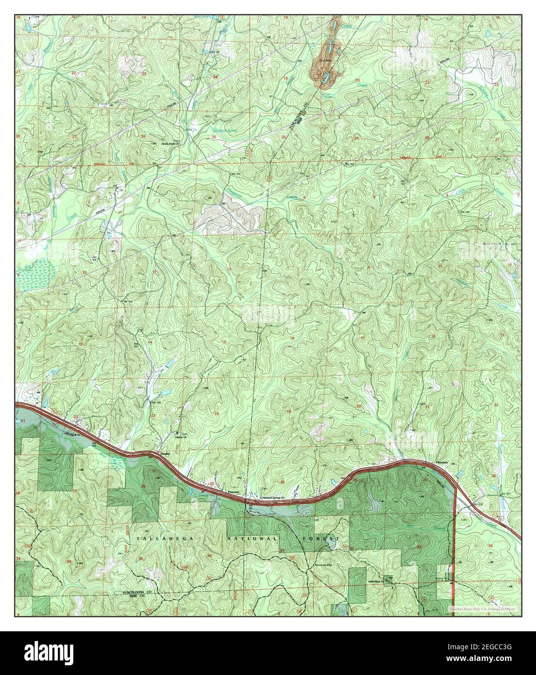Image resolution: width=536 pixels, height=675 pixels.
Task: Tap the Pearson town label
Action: tap(234, 492)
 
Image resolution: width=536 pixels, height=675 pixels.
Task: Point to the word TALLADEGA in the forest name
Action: tap(156, 539)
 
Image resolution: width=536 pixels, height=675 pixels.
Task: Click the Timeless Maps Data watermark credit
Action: tap(480, 607)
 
